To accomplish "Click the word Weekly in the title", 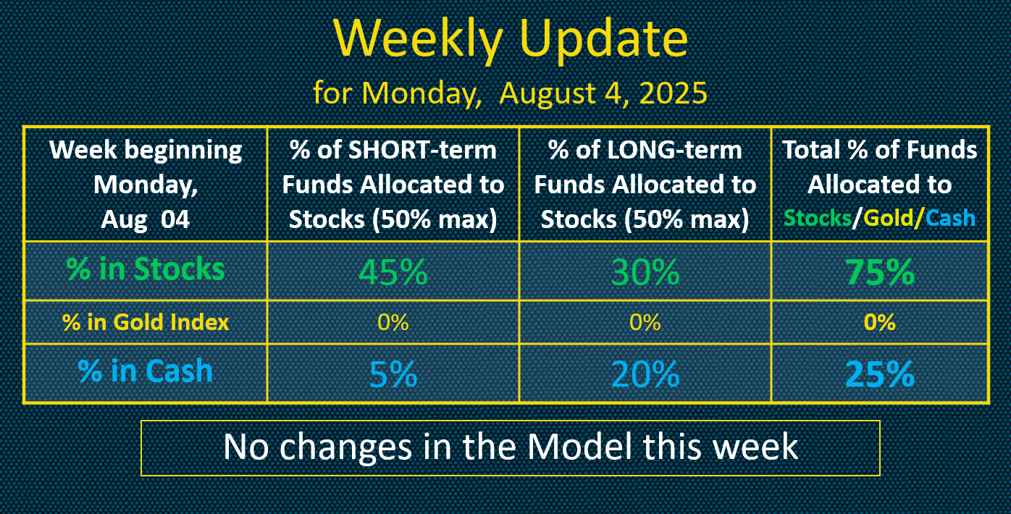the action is [418, 40].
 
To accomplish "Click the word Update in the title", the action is [604, 40].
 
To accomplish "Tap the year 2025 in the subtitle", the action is [673, 93].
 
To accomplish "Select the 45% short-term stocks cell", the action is [393, 272].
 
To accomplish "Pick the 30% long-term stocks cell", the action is [645, 272].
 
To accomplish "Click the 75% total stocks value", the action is [880, 272].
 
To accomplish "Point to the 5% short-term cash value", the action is [393, 374].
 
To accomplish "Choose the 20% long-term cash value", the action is [645, 374].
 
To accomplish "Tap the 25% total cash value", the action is [880, 374].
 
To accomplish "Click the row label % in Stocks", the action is [146, 269].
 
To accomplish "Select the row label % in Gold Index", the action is [146, 322].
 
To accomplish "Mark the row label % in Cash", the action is [146, 371].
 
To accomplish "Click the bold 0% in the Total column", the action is [880, 322].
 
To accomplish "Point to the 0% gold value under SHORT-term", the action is [393, 322].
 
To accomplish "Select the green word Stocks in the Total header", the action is [818, 218].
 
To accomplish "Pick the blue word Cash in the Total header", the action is [950, 218].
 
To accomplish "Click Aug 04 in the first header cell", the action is [146, 220].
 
